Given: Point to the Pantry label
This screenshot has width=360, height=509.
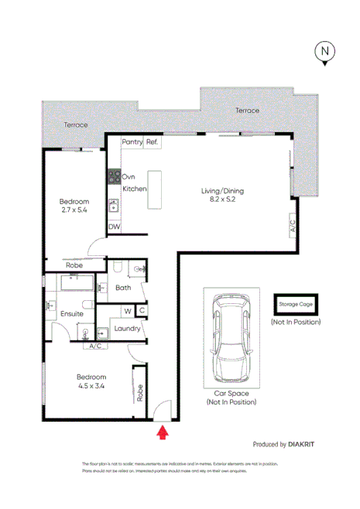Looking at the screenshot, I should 132,143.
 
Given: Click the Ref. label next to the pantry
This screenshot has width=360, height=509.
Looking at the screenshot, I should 152,143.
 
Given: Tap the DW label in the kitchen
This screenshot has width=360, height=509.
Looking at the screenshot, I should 114,227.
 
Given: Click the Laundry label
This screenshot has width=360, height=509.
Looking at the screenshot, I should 127,329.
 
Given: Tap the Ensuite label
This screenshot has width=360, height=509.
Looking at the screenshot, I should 71,314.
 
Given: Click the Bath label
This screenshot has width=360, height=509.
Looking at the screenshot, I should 123,288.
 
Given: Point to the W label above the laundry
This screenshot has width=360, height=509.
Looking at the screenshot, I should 127,311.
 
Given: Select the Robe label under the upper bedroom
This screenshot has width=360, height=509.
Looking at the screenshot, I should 74,265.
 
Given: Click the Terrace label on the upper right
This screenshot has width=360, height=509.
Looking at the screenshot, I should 248,111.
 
